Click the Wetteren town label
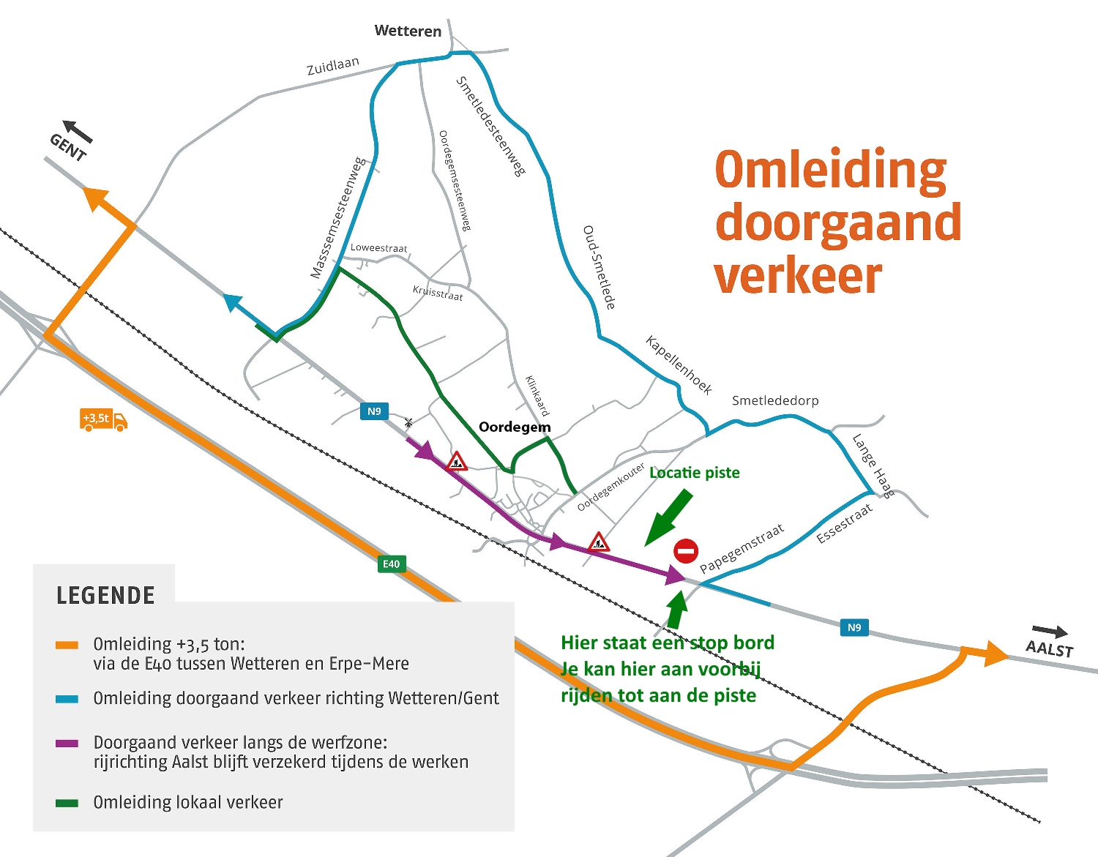coord(408,31)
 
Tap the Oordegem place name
coord(515,427)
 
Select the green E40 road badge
coord(392,564)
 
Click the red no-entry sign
coord(686,551)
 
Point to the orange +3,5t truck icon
coord(104,419)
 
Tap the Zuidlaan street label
coord(333,66)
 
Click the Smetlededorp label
coord(775,400)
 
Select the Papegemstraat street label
coord(742,548)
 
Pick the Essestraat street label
coord(844,524)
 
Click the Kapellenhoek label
coord(679,364)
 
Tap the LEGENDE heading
coord(105,596)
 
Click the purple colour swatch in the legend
coord(67,744)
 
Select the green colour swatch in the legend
coord(67,803)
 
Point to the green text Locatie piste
coord(694,473)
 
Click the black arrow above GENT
coord(78,131)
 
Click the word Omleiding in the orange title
coord(830,171)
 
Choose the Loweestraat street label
coord(378,247)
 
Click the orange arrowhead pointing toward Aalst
coord(994,655)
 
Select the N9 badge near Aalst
coord(854,627)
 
